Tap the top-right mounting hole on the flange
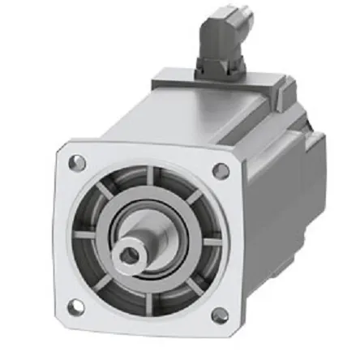pyautogui.click(x=220, y=170)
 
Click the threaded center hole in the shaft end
pyautogui.click(x=129, y=256)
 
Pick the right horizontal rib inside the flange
pyautogui.click(x=209, y=243)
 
